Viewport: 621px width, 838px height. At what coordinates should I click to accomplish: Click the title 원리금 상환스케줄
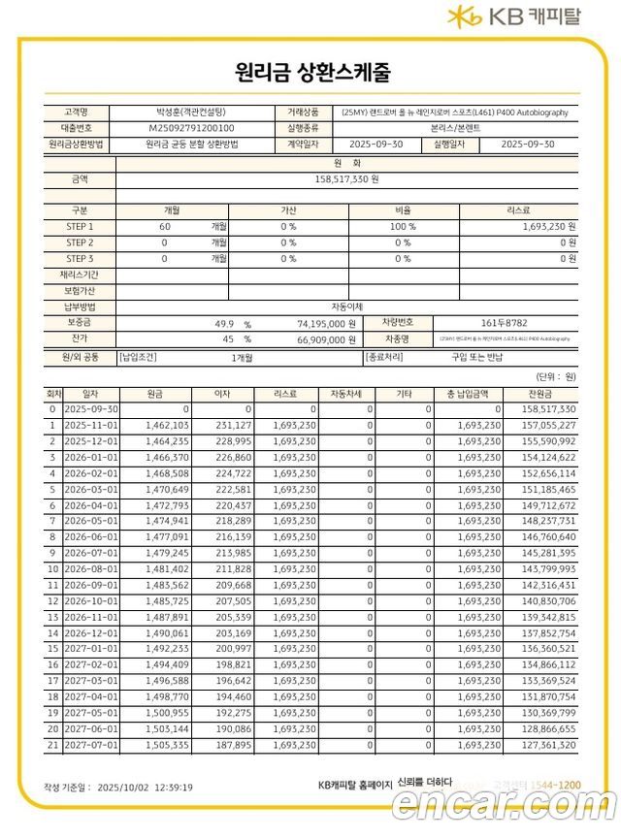[x=311, y=73]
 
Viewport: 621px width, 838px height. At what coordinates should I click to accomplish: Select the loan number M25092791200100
[x=191, y=127]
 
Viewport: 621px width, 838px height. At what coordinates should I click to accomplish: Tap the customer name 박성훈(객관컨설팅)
[x=191, y=112]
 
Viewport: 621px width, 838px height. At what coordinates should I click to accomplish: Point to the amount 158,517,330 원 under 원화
[x=346, y=179]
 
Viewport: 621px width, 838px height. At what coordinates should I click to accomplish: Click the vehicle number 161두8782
[x=504, y=322]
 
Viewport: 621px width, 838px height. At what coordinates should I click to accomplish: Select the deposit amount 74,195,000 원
[x=325, y=323]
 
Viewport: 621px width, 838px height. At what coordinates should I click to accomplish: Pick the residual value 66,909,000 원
[x=325, y=339]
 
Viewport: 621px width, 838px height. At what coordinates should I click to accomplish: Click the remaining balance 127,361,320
[x=548, y=745]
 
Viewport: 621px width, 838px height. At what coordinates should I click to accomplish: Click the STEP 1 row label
[x=80, y=226]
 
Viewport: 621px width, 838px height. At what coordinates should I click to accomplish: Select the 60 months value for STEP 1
[x=164, y=226]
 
